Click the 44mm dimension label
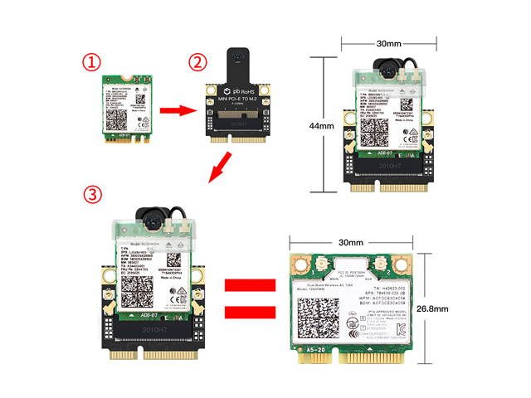(x=320, y=128)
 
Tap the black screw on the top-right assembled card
(x=388, y=73)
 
